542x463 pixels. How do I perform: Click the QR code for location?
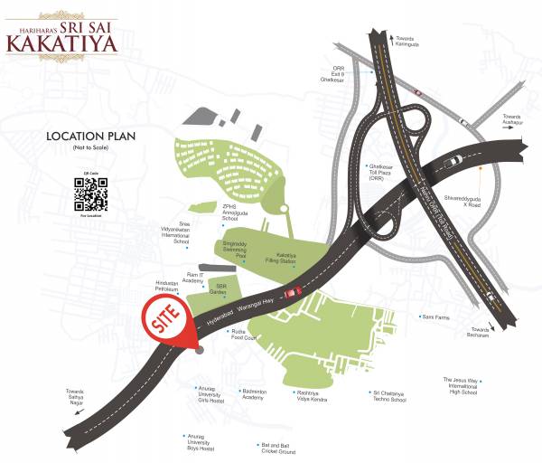pyautogui.click(x=89, y=193)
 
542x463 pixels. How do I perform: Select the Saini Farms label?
pyautogui.click(x=435, y=317)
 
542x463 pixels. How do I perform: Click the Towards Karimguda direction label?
pyautogui.click(x=405, y=41)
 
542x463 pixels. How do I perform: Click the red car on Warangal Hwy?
pyautogui.click(x=292, y=293)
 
